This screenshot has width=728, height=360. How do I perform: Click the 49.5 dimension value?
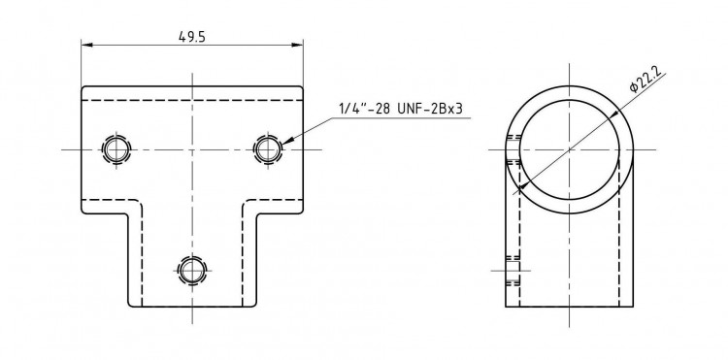pos(192,37)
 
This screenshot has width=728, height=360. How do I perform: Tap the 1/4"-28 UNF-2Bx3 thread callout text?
pos(401,109)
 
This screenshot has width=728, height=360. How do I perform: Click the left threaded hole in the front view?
pos(116,149)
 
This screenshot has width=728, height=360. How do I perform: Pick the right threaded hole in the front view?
pos(268,149)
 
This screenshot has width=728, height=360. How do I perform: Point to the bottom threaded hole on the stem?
pos(192,270)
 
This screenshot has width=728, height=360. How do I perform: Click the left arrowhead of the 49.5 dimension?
pos(87,45)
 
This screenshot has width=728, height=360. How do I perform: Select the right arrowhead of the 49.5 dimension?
pos(297,45)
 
